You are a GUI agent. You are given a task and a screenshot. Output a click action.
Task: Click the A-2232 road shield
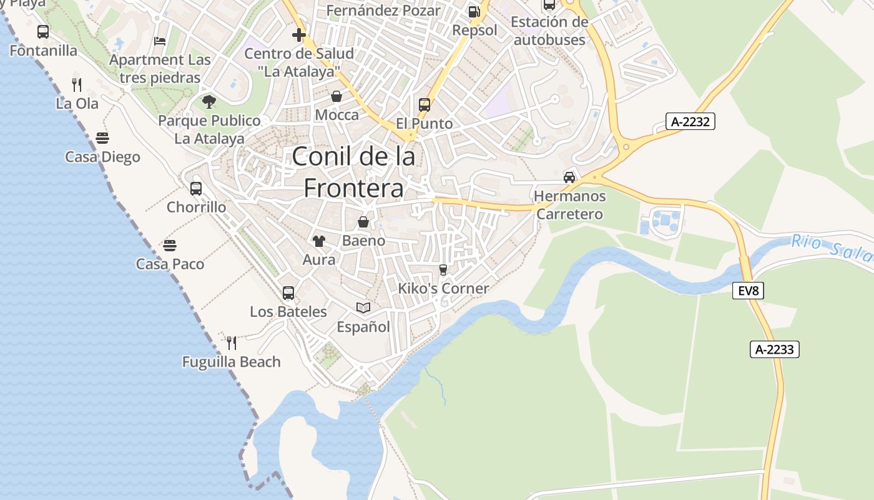tap(690, 121)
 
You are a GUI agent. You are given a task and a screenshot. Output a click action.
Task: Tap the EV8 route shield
tap(748, 290)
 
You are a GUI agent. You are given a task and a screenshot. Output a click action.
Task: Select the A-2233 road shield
tap(774, 349)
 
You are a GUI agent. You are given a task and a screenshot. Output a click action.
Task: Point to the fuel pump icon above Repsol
tap(474, 11)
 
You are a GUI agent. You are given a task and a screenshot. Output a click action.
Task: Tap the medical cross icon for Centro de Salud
tap(299, 35)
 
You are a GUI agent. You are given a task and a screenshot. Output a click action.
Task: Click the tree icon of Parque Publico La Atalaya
tap(209, 101)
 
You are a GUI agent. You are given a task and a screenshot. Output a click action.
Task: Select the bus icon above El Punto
tap(425, 104)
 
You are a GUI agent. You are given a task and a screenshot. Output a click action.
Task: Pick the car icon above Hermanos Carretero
tap(569, 177)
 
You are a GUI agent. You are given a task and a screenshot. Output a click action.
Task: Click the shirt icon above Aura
tap(319, 241)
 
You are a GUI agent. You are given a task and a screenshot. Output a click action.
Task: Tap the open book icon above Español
tap(363, 307)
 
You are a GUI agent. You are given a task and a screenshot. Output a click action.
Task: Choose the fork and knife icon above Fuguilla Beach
tap(232, 342)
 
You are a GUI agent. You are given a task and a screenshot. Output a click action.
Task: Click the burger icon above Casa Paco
tap(170, 245)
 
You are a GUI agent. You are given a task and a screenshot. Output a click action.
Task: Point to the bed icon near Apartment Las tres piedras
tap(160, 41)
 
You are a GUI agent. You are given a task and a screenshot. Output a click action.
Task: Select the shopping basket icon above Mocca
tap(336, 96)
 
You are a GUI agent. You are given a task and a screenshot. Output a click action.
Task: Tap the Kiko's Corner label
tap(443, 288)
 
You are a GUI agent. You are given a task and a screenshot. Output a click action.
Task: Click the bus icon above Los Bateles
tap(288, 292)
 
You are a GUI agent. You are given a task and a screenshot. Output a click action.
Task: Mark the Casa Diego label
tap(102, 157)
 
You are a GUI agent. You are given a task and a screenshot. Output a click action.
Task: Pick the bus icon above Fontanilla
tap(43, 31)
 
